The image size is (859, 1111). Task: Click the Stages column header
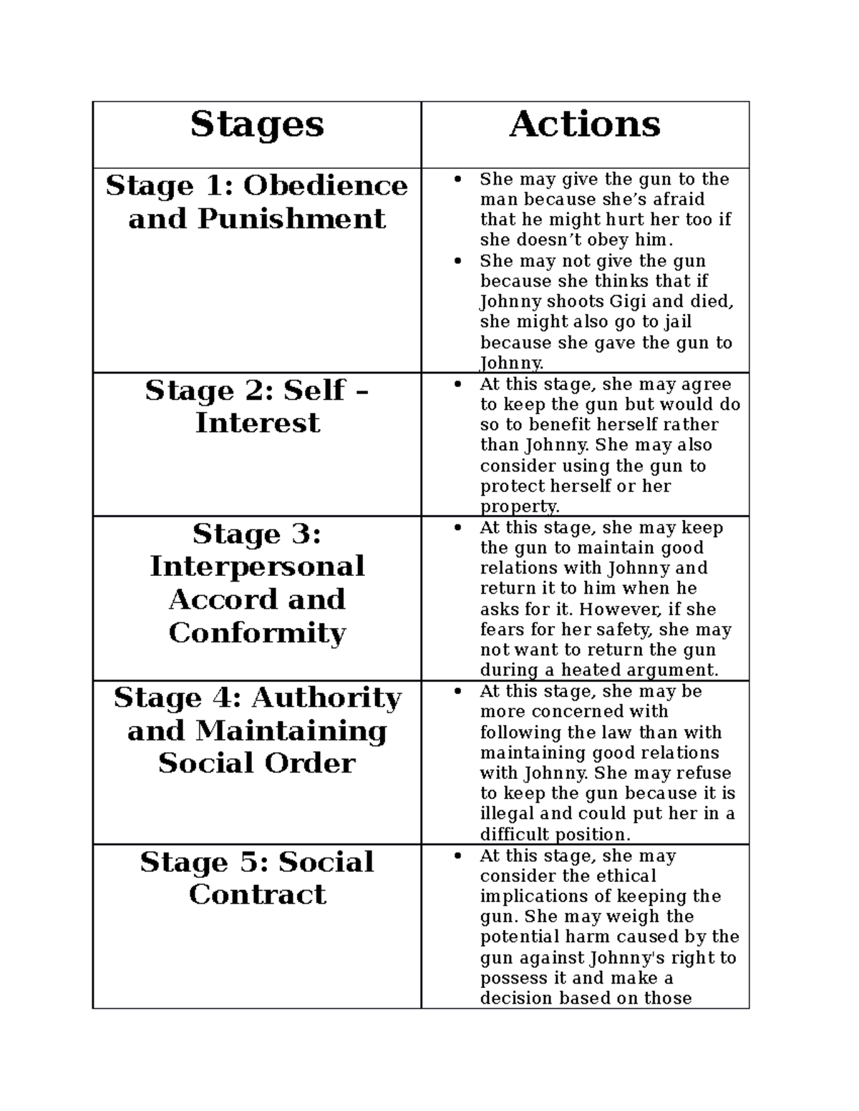(x=257, y=125)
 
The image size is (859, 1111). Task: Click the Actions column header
(x=585, y=124)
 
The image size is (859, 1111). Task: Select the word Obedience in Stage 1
(x=326, y=186)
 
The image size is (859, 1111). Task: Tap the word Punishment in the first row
(x=291, y=219)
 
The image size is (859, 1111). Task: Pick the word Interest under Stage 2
(x=257, y=423)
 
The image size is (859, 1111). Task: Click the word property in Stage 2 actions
(x=518, y=506)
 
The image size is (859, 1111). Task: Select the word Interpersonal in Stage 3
(x=257, y=567)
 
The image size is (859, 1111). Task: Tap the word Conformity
(x=257, y=633)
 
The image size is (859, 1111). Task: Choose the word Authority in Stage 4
(x=326, y=698)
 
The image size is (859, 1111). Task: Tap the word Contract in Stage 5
(x=257, y=894)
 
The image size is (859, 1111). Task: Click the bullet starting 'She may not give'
(x=459, y=261)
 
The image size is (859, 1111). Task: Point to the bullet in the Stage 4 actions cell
(x=459, y=692)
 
